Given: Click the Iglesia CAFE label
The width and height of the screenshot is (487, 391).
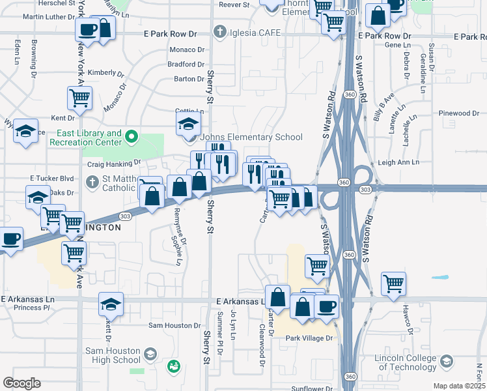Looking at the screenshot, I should tap(255, 32).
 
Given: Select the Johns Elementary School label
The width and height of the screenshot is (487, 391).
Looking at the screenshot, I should tap(251, 137).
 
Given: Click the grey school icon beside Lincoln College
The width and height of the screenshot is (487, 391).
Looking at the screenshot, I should tap(447, 361).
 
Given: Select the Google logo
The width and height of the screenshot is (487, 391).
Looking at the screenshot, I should tap(22, 383).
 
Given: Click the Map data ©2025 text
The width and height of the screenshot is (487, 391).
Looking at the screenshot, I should tap(459, 386).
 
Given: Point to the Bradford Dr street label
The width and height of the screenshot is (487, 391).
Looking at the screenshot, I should tap(186, 64).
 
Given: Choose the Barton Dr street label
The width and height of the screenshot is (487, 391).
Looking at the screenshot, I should tap(188, 79).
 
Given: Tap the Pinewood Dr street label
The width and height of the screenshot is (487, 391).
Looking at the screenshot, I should tap(458, 113).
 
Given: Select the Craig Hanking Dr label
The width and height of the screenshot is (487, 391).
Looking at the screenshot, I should tap(115, 162).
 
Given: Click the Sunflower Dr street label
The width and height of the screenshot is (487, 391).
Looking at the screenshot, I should tap(312, 388).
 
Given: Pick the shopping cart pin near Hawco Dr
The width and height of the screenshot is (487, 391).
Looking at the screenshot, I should tap(393, 283).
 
